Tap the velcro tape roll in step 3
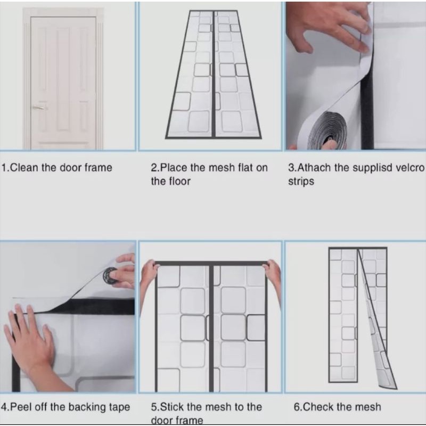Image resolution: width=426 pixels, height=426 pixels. [x=328, y=131]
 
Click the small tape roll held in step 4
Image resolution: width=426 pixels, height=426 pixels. [x=111, y=275]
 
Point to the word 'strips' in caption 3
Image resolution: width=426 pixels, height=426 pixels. [x=301, y=182]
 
